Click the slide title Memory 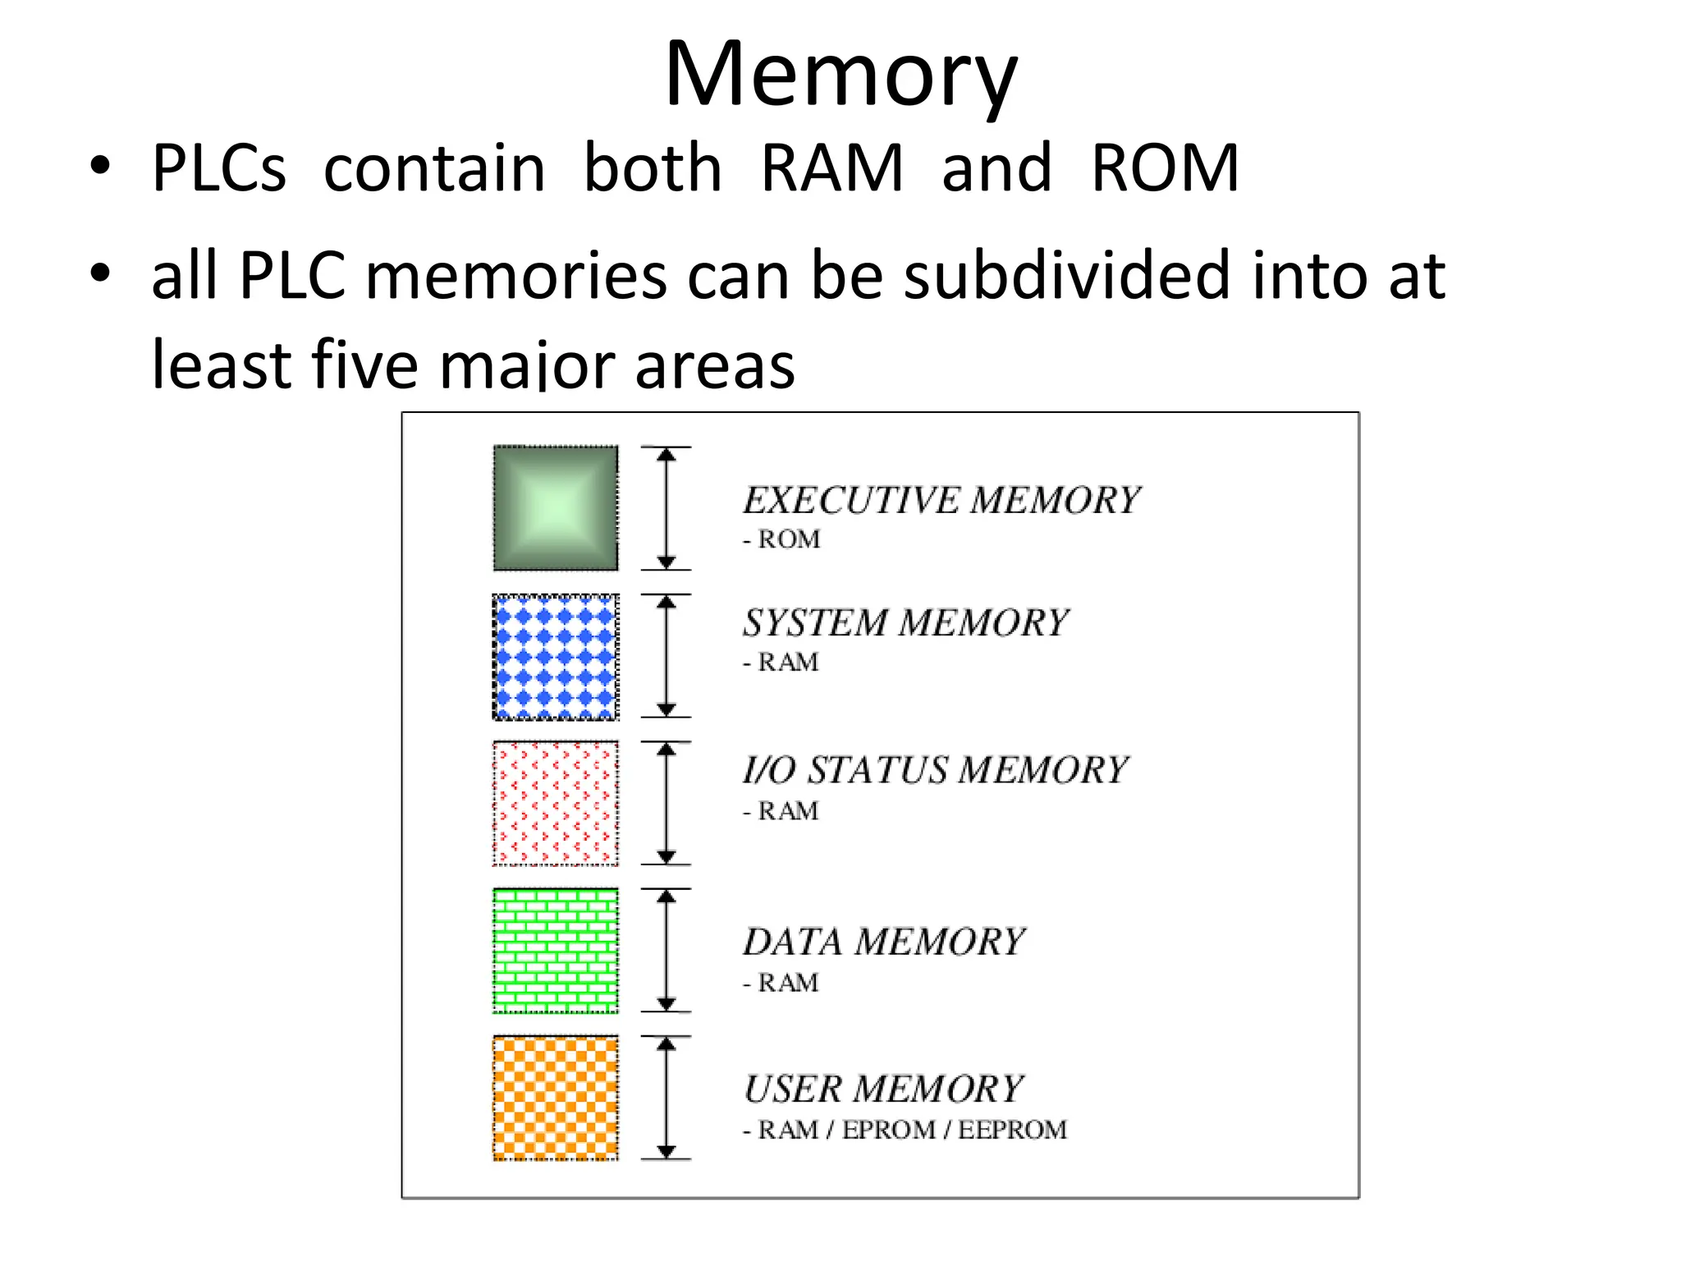point(840,76)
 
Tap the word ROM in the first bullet point(1164,168)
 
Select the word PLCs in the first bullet point(218,168)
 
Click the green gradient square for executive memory point(556,508)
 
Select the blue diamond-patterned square point(556,657)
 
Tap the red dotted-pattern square point(556,804)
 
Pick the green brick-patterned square point(556,951)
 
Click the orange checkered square point(556,1098)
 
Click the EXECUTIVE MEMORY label point(941,501)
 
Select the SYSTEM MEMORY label point(905,623)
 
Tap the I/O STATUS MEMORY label point(935,770)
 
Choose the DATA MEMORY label point(884,942)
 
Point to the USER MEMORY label point(883,1089)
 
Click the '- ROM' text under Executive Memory point(781,540)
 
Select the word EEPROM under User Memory point(1012,1130)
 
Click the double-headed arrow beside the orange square point(666,1098)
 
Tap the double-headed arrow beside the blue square point(666,657)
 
